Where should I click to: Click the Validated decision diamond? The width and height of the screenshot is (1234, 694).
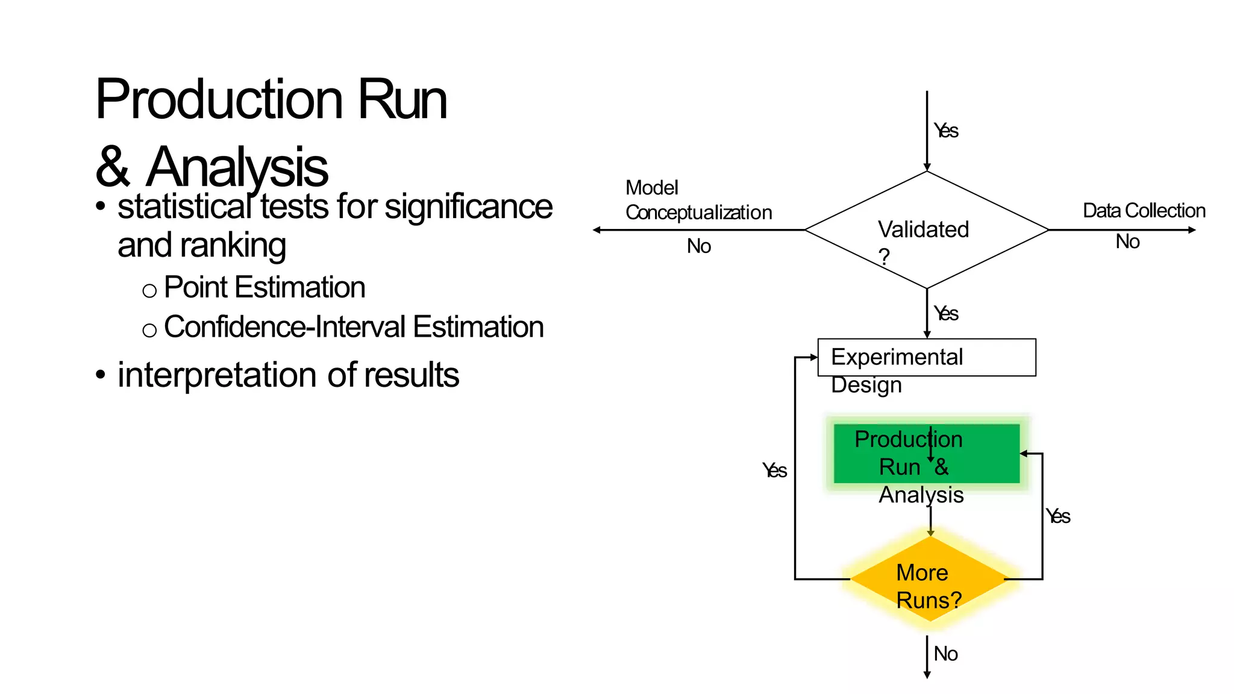[926, 230]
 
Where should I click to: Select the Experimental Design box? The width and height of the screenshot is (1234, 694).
[926, 357]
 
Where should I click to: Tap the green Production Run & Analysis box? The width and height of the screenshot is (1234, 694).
[926, 453]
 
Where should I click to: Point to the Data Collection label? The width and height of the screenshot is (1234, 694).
[1144, 210]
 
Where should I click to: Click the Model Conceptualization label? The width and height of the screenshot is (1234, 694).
[698, 200]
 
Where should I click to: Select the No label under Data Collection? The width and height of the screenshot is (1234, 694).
[1127, 242]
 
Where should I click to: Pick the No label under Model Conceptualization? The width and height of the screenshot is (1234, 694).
[698, 246]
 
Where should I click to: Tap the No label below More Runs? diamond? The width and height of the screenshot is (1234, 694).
[945, 654]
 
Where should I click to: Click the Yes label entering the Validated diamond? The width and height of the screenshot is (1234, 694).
[946, 131]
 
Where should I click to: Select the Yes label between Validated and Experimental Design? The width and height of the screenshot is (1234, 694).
[946, 313]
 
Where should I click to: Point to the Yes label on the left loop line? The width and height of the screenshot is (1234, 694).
[774, 470]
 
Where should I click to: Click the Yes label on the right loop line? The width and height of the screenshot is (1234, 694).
[1058, 516]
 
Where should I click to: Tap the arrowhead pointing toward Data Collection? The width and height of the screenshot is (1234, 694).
[1192, 230]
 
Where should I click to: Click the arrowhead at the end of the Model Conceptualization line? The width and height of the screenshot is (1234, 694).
[597, 230]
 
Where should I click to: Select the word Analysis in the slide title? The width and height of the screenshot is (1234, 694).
[237, 167]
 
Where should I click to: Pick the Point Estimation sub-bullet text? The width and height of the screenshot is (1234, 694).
[264, 287]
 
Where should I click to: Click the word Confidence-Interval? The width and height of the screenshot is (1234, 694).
[284, 327]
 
